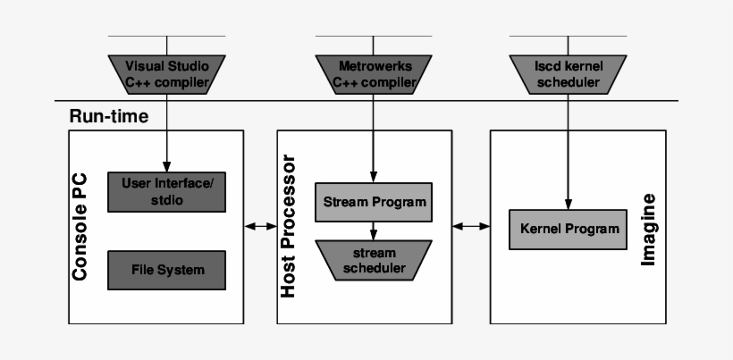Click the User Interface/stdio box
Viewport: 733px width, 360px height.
point(166,190)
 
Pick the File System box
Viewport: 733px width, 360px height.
point(166,269)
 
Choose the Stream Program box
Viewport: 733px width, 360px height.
point(375,201)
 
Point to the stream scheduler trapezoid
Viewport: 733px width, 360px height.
point(375,259)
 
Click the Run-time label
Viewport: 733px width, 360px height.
point(108,116)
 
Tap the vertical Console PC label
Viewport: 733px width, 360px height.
point(80,229)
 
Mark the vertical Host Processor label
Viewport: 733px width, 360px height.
point(289,229)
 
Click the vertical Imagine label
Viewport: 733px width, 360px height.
point(649,229)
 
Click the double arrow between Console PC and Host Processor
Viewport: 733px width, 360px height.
point(260,228)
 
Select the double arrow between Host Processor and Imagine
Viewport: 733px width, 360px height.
point(470,228)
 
